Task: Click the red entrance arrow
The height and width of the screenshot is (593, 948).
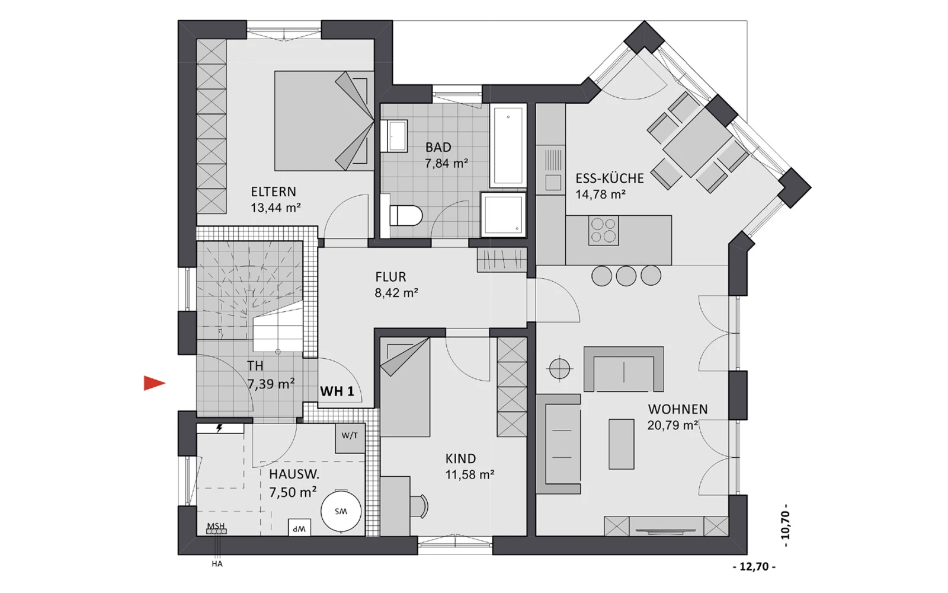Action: [154, 383]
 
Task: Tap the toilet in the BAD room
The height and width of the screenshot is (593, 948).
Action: [405, 215]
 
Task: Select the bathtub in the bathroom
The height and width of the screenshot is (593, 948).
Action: [508, 145]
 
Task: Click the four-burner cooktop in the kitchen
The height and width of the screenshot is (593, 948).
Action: [604, 230]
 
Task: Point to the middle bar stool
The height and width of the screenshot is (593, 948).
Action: [626, 276]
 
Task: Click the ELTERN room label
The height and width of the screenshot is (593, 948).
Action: [273, 192]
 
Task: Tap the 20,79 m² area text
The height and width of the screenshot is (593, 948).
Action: [672, 425]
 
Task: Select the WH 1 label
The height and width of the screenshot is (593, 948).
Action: [337, 391]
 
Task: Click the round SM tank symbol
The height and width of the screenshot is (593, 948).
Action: [341, 511]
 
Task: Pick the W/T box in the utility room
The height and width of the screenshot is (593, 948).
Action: [350, 438]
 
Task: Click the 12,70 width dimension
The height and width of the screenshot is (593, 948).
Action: [754, 567]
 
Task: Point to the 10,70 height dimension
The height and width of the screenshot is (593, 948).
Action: [786, 525]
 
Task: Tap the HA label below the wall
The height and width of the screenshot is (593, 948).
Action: [217, 564]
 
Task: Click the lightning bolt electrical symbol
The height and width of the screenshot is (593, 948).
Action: [219, 428]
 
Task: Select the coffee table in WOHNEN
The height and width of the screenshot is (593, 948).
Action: [622, 444]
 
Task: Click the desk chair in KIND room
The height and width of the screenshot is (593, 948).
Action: [419, 506]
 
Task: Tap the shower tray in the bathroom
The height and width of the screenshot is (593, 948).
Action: [503, 214]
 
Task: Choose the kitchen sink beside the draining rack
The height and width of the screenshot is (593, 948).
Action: [553, 183]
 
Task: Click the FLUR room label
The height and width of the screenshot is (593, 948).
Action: [390, 277]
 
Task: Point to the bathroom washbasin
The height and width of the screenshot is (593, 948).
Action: [395, 136]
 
